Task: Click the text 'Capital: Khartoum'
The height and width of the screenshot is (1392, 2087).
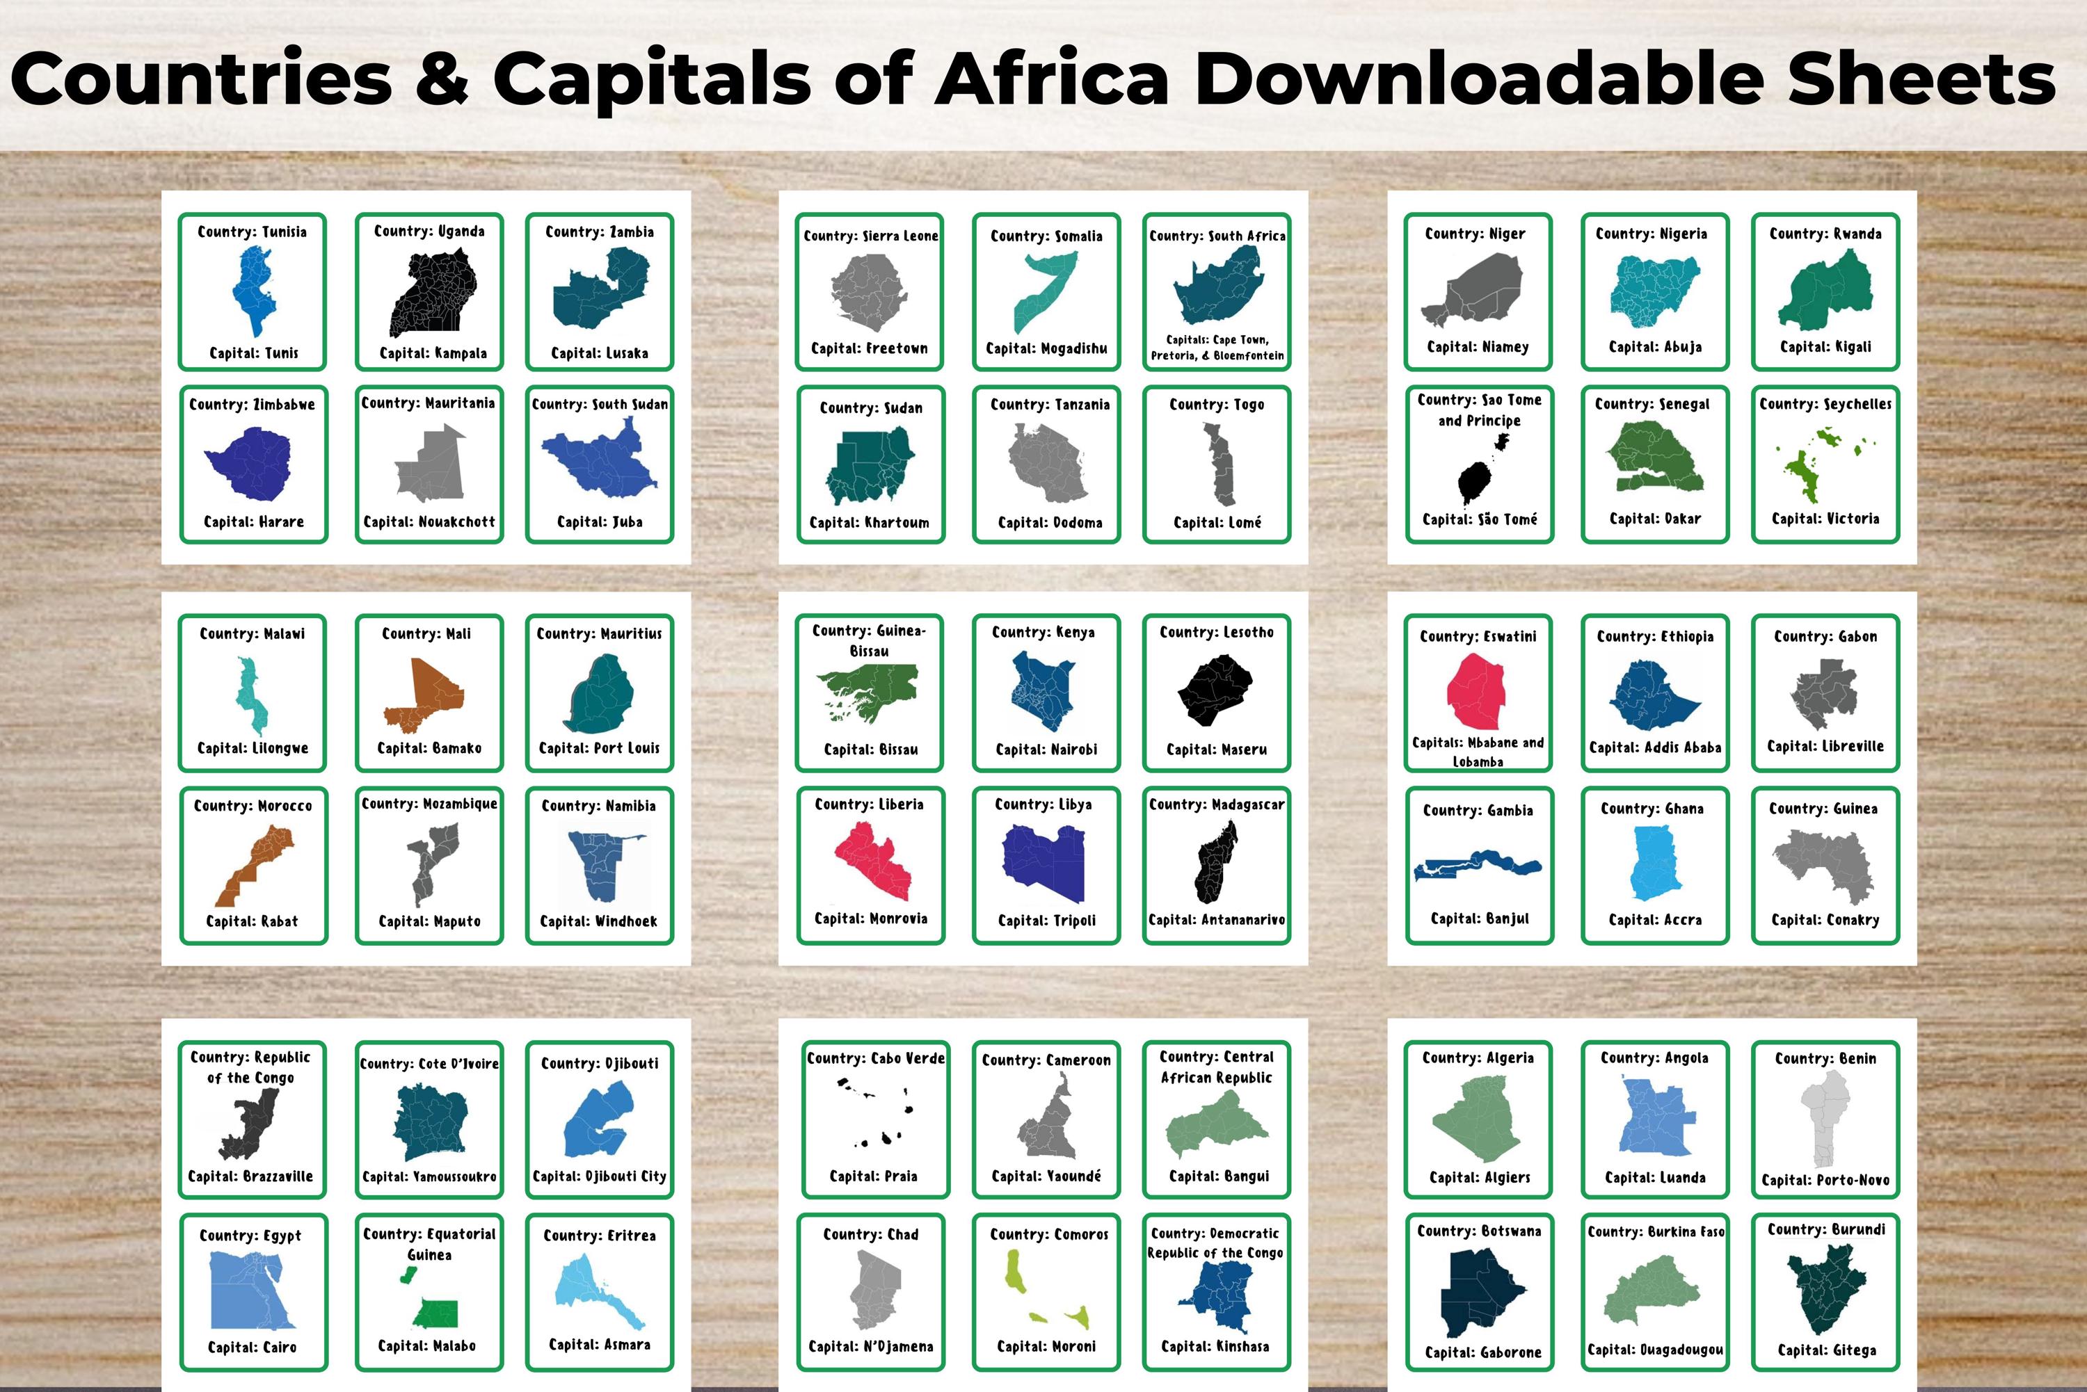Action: click(870, 523)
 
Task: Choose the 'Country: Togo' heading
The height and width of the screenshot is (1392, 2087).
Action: click(1217, 405)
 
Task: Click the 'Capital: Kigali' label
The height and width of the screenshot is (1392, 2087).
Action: click(1825, 347)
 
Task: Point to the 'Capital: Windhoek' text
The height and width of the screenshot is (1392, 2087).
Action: click(598, 921)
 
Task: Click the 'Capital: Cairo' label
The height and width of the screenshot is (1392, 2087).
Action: click(253, 1348)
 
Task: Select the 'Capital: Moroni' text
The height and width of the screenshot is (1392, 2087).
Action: click(1046, 1347)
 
